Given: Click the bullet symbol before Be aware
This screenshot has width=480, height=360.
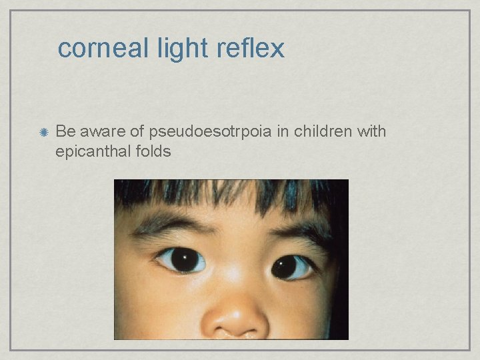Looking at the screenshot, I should pos(42,133).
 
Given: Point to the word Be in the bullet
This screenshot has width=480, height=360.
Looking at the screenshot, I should pos(64,131).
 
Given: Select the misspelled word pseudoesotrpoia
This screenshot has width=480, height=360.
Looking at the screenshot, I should pos(210,132).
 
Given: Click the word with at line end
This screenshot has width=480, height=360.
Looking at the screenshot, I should pos(371,131).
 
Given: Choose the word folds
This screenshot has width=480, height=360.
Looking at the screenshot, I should pos(153,151).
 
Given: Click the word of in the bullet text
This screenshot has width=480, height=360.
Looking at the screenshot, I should pos(139,131).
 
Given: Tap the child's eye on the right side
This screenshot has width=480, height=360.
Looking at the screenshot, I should pos(292,267).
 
